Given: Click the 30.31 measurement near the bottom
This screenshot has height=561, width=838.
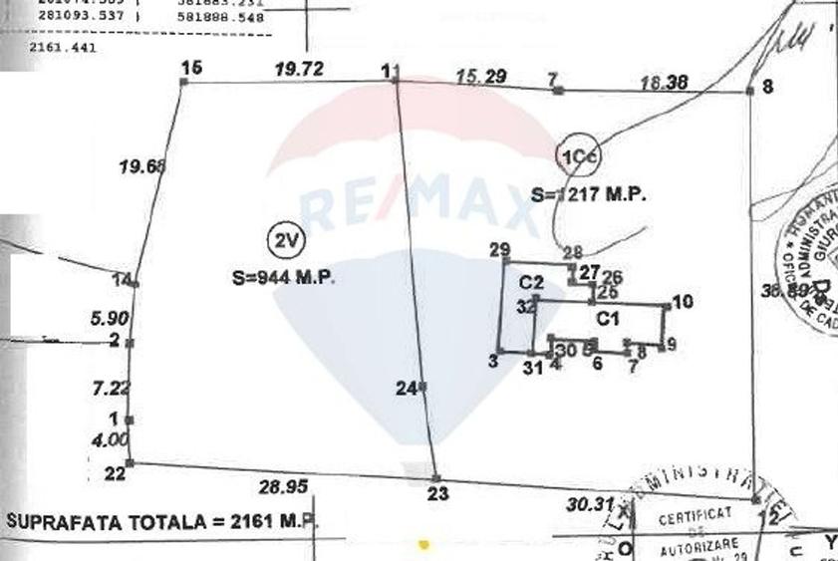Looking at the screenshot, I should coord(587,504).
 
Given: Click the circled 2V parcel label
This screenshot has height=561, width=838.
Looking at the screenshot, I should coord(287,240).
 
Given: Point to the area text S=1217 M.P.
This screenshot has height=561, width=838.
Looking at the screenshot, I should coord(589,196).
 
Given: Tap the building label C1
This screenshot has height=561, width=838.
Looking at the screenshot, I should coord(609,319).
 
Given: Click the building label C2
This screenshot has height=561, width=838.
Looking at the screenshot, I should coord(530,282).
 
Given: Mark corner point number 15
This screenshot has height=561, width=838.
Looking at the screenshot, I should coord(191,67).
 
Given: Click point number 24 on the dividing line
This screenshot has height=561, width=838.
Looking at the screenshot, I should coord(405,390).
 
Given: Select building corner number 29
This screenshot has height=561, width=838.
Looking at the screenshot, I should coord(500,250).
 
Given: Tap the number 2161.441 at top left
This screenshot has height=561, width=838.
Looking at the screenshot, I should coord(63,46).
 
